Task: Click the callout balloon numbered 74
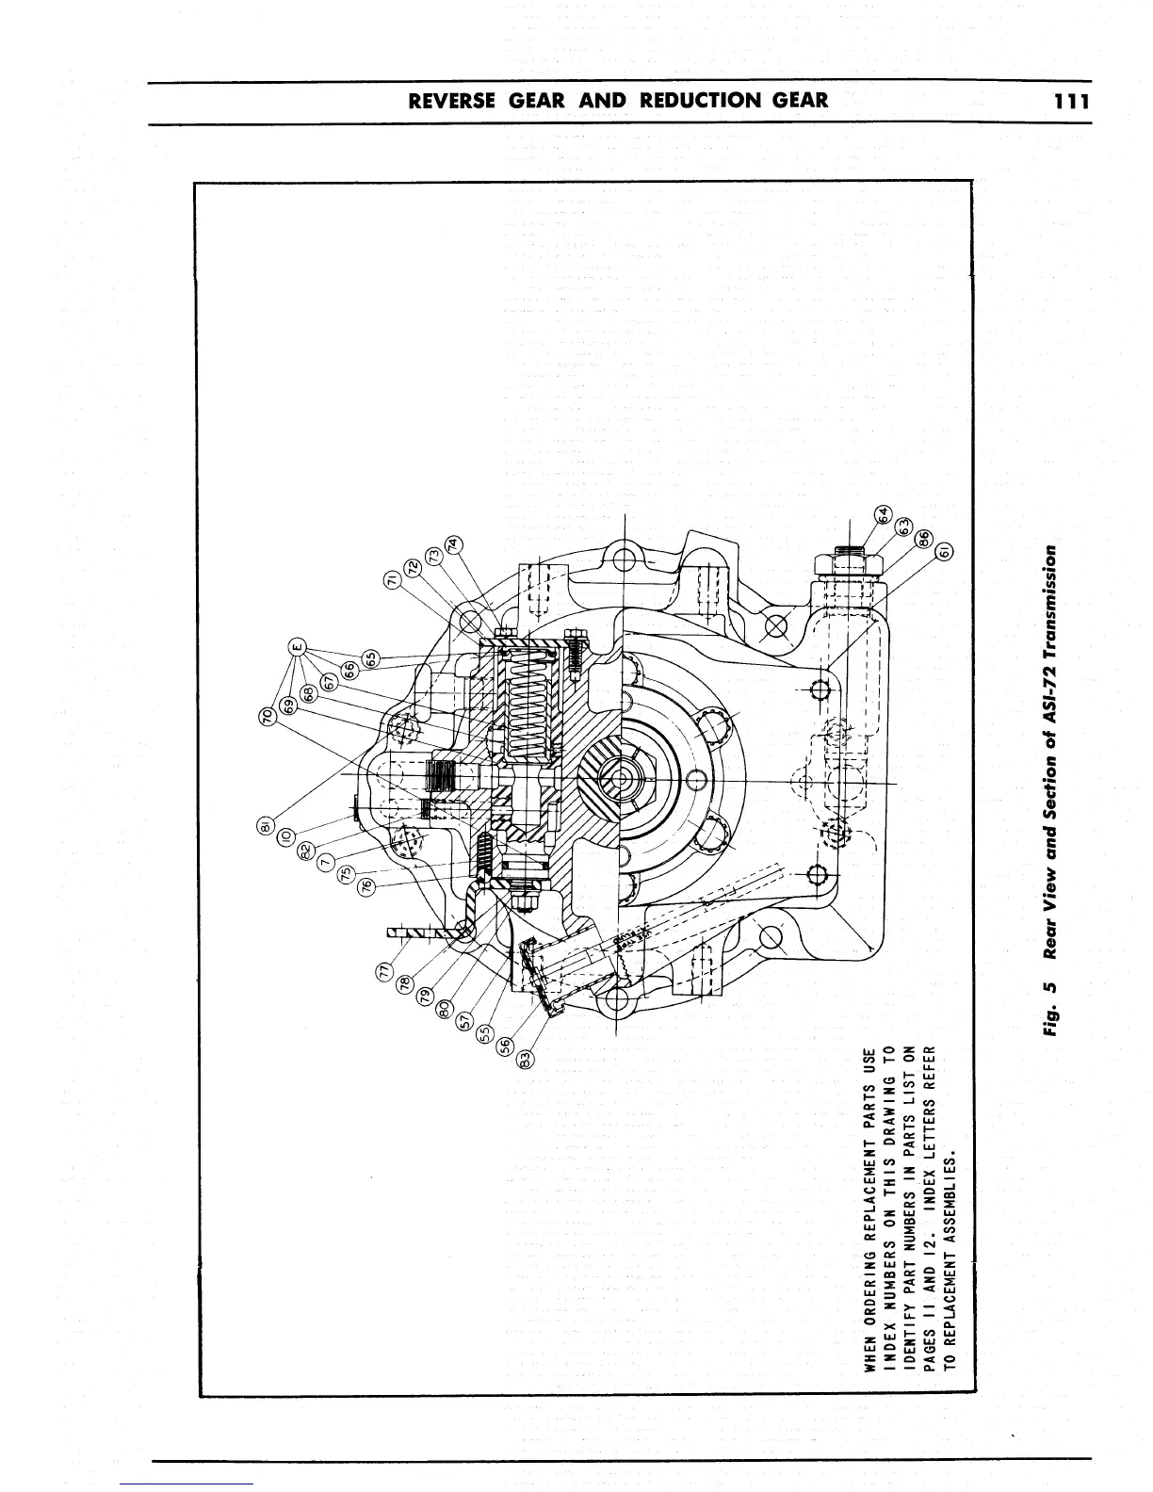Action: [453, 544]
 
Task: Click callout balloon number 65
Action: [370, 657]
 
